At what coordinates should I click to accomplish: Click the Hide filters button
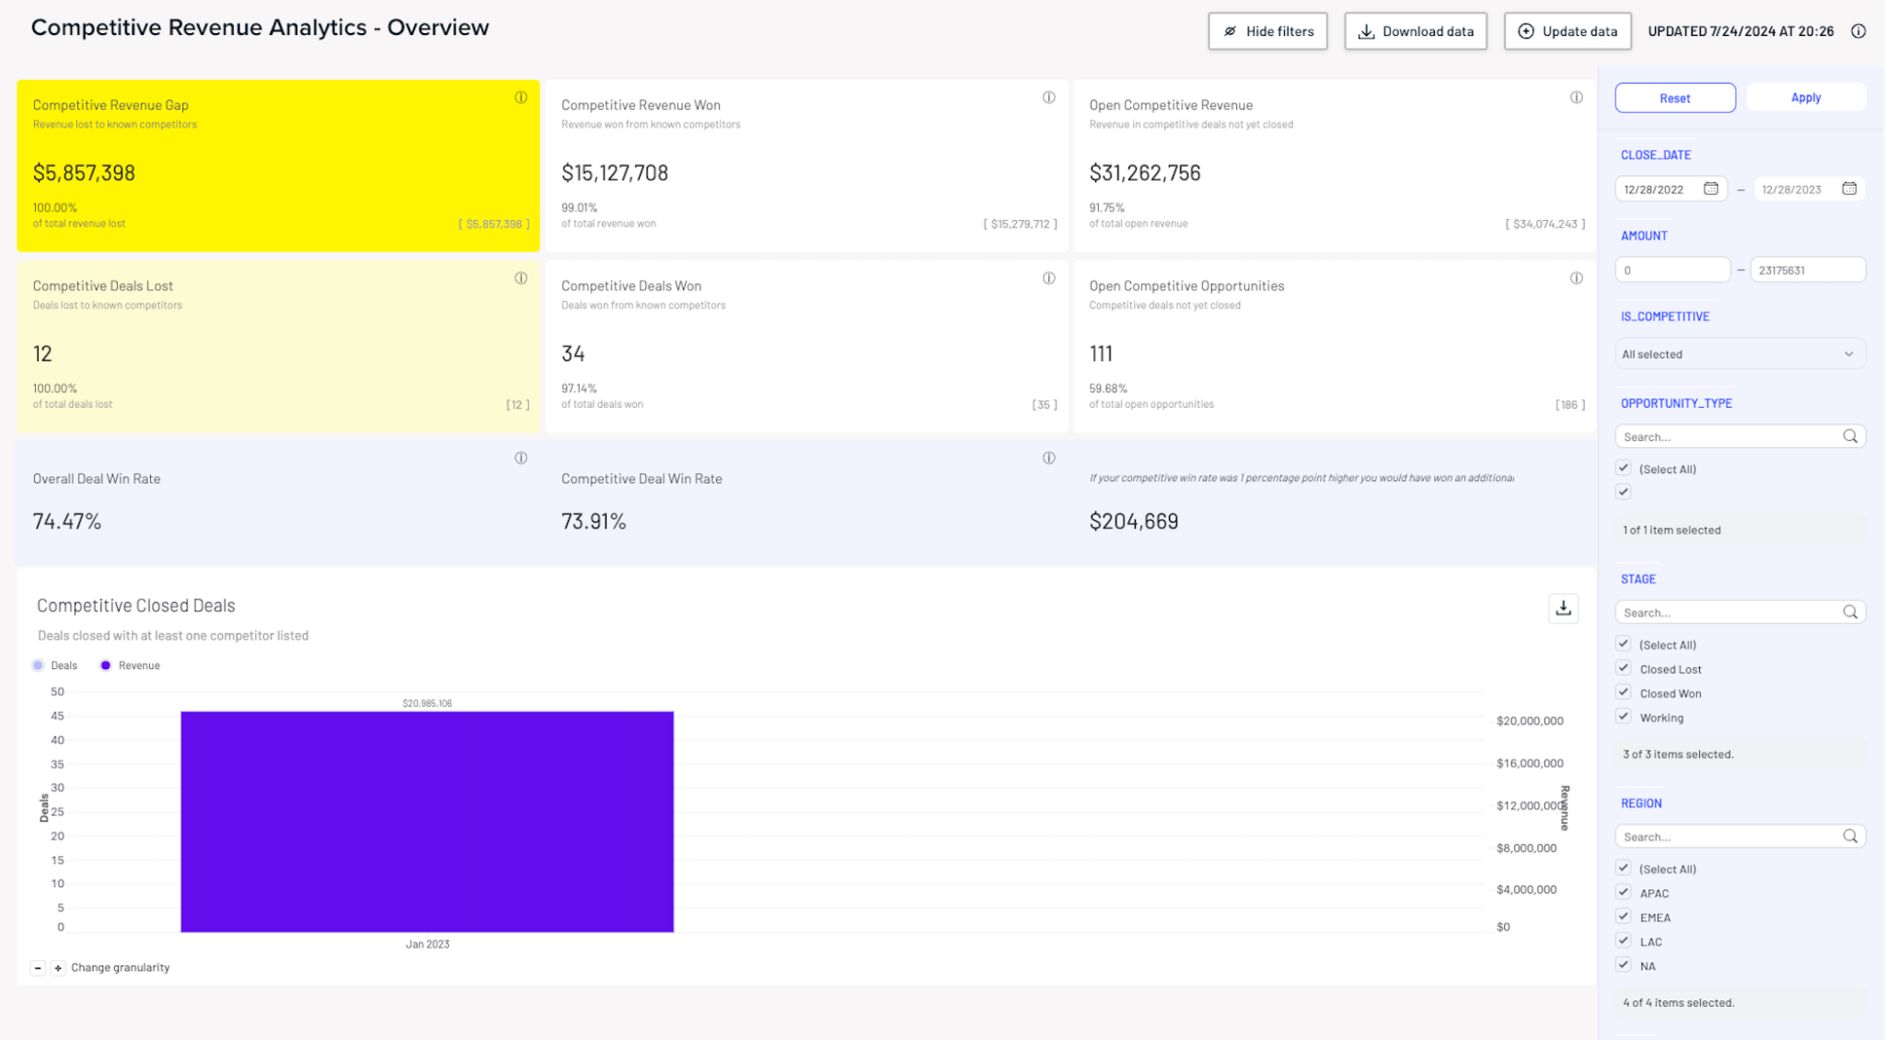(1267, 31)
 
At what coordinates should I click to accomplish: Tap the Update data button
(1567, 31)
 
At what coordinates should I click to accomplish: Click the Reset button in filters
(1674, 98)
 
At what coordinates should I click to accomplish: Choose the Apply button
(1805, 98)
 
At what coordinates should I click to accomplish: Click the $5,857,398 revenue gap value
(84, 173)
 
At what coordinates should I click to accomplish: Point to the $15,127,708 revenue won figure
(615, 173)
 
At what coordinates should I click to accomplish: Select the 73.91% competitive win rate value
(594, 522)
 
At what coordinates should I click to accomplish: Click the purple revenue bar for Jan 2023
(427, 821)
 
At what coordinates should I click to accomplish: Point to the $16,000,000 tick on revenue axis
(1530, 763)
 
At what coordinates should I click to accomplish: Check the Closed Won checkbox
(1624, 693)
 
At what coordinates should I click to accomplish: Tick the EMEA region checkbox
(1624, 917)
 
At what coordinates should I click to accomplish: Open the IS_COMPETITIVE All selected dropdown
(1739, 354)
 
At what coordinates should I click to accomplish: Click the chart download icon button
(1563, 608)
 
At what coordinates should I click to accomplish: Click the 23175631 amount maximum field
(1806, 271)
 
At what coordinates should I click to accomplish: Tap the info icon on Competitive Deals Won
(1048, 279)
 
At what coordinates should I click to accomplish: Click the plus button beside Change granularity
(58, 968)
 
